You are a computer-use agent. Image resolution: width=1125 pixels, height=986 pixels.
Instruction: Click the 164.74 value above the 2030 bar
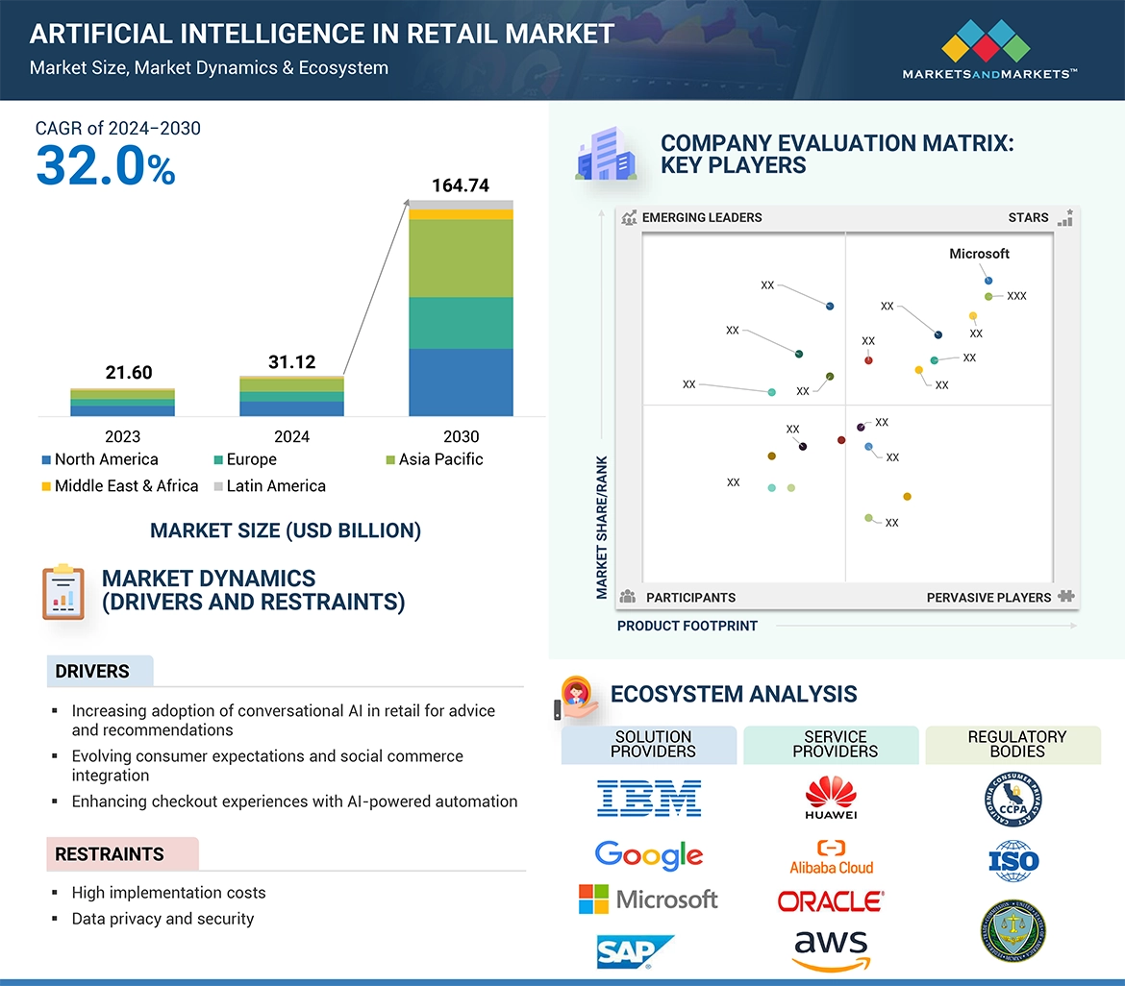tap(461, 185)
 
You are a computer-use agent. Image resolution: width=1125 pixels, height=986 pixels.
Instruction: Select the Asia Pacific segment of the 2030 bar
tap(461, 258)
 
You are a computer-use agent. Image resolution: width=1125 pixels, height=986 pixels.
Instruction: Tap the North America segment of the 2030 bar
tap(461, 382)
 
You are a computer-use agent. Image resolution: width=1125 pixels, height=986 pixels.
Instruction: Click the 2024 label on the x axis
tap(291, 436)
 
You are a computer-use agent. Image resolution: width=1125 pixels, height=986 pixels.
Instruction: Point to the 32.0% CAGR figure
tap(106, 166)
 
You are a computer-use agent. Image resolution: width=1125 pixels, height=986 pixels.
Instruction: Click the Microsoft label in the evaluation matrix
tap(979, 254)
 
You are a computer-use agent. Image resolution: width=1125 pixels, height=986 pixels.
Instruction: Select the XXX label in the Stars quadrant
tap(1016, 296)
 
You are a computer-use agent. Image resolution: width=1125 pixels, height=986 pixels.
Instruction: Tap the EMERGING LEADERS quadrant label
tap(701, 218)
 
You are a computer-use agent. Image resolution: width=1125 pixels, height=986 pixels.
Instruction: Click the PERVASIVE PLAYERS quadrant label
tap(988, 598)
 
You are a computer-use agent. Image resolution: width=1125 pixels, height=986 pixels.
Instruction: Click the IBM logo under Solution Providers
tap(649, 799)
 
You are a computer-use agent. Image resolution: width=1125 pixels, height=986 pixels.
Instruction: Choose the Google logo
tap(649, 854)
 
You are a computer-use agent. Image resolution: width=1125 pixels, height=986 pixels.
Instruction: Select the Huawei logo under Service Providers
tap(831, 799)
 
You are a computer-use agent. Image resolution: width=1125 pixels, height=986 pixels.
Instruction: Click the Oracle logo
tap(831, 901)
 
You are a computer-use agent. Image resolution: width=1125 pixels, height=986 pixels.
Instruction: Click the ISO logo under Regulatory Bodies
tap(1013, 860)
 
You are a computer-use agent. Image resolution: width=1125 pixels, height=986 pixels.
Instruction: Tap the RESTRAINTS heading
tap(110, 854)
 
